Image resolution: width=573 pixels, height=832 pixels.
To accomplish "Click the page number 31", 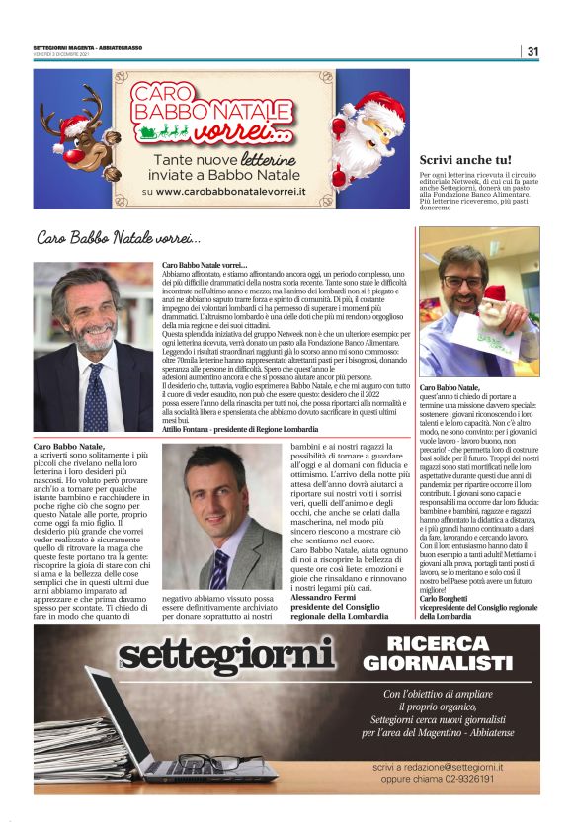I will coord(532,51).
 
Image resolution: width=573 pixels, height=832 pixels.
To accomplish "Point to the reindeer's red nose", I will coord(73,126).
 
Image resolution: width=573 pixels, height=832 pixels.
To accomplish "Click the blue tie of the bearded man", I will coord(96,395).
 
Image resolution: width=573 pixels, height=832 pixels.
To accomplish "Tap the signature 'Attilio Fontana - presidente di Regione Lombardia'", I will coord(240,430).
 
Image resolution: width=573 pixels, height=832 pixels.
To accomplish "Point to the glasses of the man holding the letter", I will coord(464,281).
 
